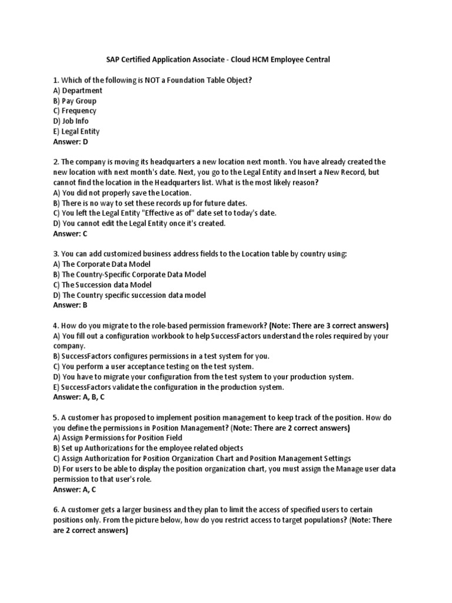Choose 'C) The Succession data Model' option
pos(102,284)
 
